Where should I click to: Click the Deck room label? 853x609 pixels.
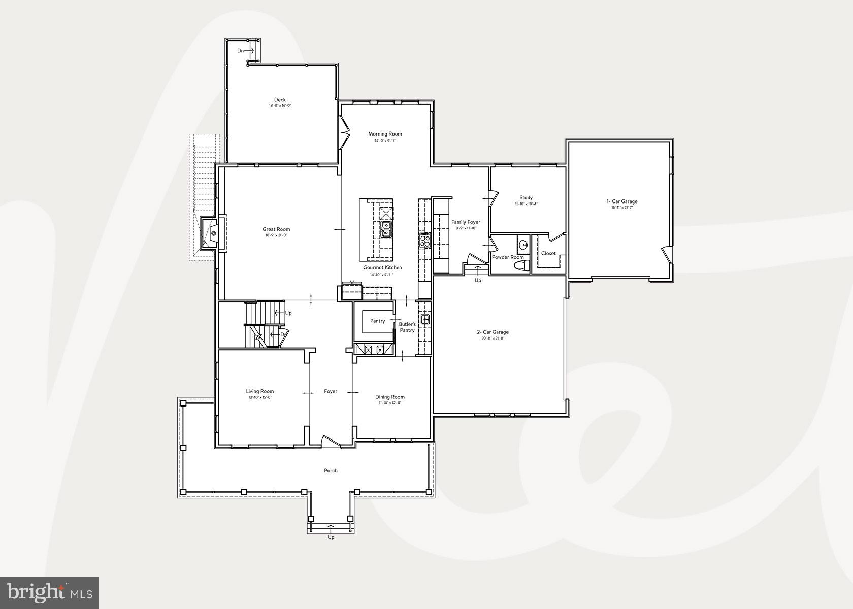280,100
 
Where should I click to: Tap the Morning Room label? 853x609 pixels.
385,134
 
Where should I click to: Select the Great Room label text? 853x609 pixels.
276,229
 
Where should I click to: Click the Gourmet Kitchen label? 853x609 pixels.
382,267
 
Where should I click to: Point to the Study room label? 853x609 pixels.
526,198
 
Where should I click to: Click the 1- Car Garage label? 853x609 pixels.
622,201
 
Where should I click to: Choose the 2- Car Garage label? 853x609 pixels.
493,332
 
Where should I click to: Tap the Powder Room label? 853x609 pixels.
508,257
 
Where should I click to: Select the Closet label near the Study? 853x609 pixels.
548,253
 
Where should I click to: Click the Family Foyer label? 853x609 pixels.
466,222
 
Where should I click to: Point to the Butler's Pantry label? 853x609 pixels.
407,327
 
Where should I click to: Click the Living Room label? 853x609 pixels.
260,391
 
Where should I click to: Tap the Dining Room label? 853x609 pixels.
390,397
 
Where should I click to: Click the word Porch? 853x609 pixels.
331,471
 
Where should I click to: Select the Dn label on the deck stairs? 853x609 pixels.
241,51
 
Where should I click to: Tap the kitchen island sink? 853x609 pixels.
386,229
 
